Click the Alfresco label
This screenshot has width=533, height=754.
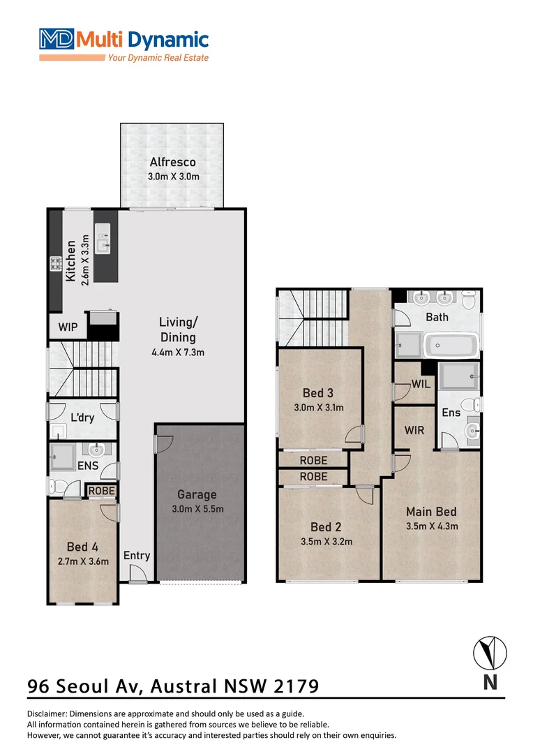coord(172,163)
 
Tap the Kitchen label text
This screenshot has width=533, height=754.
coord(70,261)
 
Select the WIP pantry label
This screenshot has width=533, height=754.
coord(68,327)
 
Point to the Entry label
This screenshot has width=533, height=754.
coord(137,556)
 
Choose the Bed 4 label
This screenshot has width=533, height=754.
coord(82,547)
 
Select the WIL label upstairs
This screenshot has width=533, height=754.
coord(421,384)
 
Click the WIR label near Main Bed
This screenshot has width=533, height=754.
coord(414,431)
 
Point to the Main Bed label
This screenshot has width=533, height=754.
coord(431,512)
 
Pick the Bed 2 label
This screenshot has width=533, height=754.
coord(326,527)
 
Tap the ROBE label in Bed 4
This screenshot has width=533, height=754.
coord(101,491)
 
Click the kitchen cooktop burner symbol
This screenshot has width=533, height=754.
coord(54,264)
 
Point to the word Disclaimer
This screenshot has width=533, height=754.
coord(50,714)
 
